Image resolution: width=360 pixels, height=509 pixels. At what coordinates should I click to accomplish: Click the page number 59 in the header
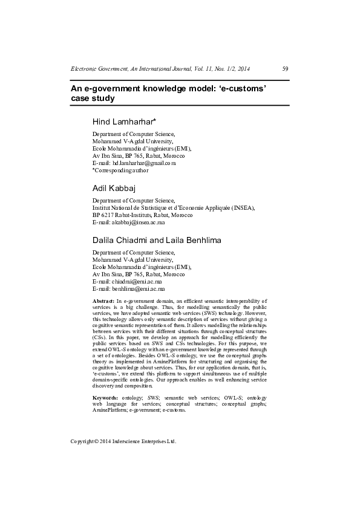click(285, 69)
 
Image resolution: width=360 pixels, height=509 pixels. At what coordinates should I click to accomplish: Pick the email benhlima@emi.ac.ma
click(139, 289)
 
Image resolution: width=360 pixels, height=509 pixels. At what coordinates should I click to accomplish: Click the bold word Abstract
click(103, 300)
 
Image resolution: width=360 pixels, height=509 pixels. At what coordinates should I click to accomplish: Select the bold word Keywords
click(105, 397)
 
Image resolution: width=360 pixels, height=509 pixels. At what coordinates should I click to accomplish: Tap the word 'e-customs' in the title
click(243, 88)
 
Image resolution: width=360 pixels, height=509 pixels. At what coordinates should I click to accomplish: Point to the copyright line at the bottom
click(123, 441)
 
